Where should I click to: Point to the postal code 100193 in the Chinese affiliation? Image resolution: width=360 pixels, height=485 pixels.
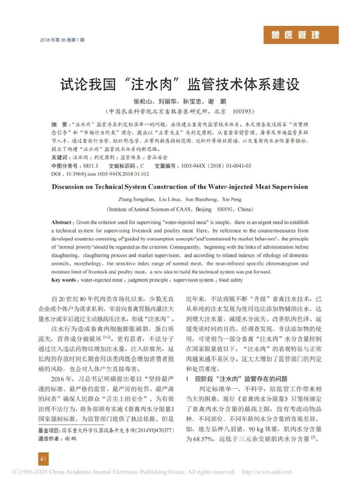point(244,111)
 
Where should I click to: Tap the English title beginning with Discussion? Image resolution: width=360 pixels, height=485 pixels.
point(180,187)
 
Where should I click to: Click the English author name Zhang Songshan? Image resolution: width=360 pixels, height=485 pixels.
point(133,200)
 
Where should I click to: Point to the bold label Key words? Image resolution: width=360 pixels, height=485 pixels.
point(66,280)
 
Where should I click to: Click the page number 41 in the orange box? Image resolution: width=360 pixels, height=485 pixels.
point(43,459)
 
